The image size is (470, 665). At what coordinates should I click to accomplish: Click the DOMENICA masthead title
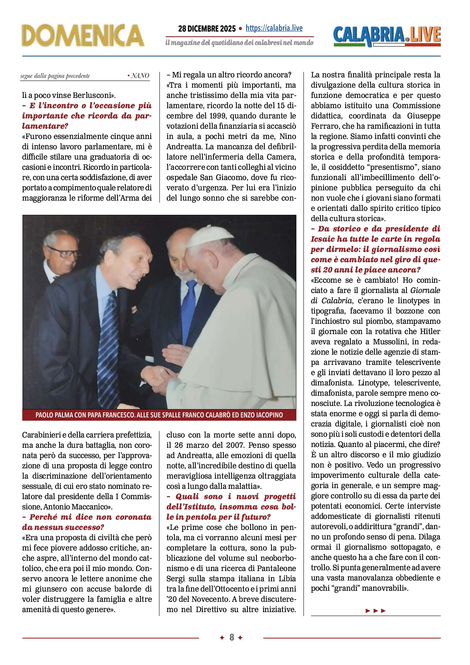[83, 36]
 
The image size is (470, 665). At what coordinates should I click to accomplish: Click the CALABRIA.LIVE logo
[387, 36]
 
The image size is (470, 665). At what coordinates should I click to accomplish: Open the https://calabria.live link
[274, 28]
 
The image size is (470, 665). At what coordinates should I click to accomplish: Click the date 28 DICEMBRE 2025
[206, 28]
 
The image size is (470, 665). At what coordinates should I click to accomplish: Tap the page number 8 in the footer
[232, 637]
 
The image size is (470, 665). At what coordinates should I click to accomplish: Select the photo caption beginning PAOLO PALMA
[159, 415]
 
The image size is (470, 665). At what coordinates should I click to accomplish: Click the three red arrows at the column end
[375, 611]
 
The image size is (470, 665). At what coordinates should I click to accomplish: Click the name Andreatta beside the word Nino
[182, 147]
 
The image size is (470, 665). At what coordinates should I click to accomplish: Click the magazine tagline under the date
[239, 43]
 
